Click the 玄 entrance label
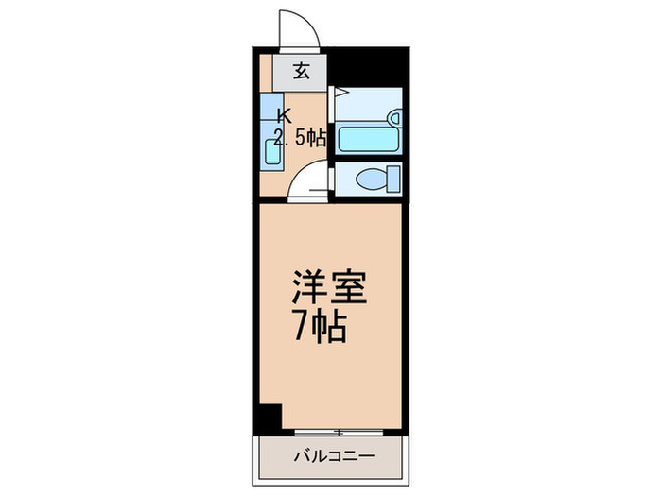coord(300,70)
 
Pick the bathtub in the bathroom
coord(369,140)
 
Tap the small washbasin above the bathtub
coord(395,118)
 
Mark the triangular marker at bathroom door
coord(341,93)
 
